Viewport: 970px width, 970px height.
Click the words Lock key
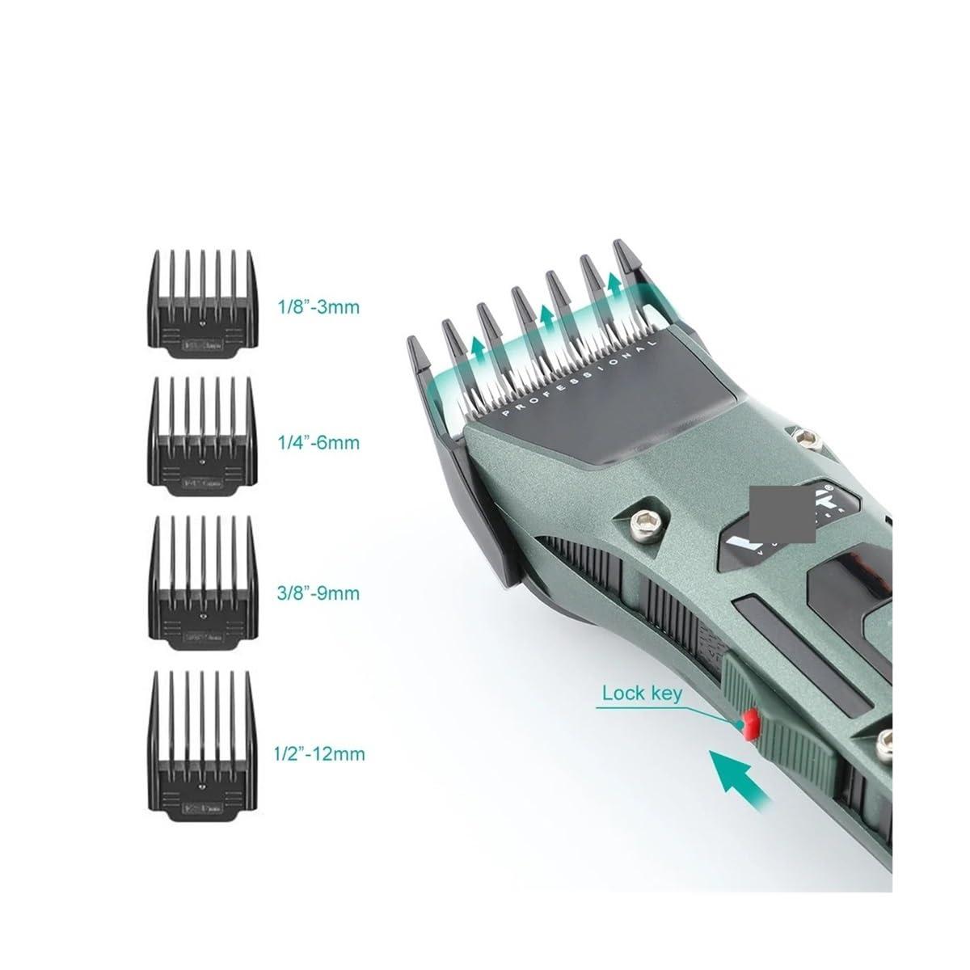click(x=642, y=693)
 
